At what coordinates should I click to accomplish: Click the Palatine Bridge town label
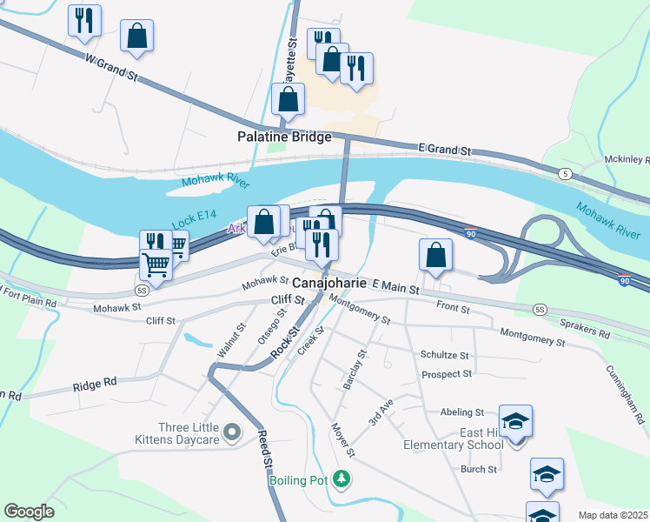pyautogui.click(x=284, y=137)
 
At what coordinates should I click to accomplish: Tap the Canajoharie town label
pyautogui.click(x=328, y=284)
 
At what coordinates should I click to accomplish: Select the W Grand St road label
pyautogui.click(x=111, y=68)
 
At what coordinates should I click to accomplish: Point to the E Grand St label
pyautogui.click(x=444, y=151)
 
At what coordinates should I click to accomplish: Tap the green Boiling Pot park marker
pyautogui.click(x=342, y=478)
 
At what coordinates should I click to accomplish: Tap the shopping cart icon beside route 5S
pyautogui.click(x=156, y=264)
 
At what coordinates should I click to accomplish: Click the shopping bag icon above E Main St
pyautogui.click(x=435, y=255)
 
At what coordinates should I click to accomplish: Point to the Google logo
pyautogui.click(x=29, y=512)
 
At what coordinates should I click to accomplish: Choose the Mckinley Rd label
pyautogui.click(x=627, y=160)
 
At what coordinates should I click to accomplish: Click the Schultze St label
pyautogui.click(x=444, y=356)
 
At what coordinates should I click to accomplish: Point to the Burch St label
pyautogui.click(x=478, y=469)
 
